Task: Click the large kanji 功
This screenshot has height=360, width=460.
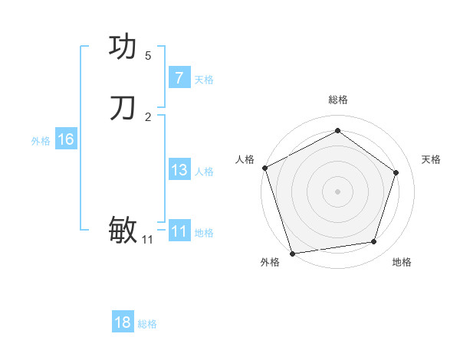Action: pos(123,47)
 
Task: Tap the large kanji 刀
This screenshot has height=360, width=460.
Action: pos(123,108)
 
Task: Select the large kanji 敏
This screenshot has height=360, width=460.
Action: pos(123,229)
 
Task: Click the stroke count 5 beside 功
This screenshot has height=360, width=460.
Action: pos(148,56)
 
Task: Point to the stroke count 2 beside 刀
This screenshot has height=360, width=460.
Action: pos(148,117)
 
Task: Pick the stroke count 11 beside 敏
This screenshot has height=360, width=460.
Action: pos(148,240)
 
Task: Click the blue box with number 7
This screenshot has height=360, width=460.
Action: pos(179,78)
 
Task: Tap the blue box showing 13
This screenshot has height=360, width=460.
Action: pos(179,170)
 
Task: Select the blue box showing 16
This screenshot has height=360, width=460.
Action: pos(65,139)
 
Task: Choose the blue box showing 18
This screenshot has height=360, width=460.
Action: pos(123,322)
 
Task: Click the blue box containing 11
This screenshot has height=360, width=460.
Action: pos(179,231)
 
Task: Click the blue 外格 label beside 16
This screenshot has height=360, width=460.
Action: pos(41,141)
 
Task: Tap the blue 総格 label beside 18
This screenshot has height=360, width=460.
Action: pos(147,324)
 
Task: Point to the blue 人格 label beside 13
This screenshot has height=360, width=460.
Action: pos(205,172)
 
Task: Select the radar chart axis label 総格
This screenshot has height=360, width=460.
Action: pos(337,100)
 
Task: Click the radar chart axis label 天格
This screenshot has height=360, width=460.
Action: pos(431,159)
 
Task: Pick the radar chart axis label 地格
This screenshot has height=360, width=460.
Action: pos(402,262)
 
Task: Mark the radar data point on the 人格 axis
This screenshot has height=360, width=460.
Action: pos(264,168)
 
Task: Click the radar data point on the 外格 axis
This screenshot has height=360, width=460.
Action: pos(292,253)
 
